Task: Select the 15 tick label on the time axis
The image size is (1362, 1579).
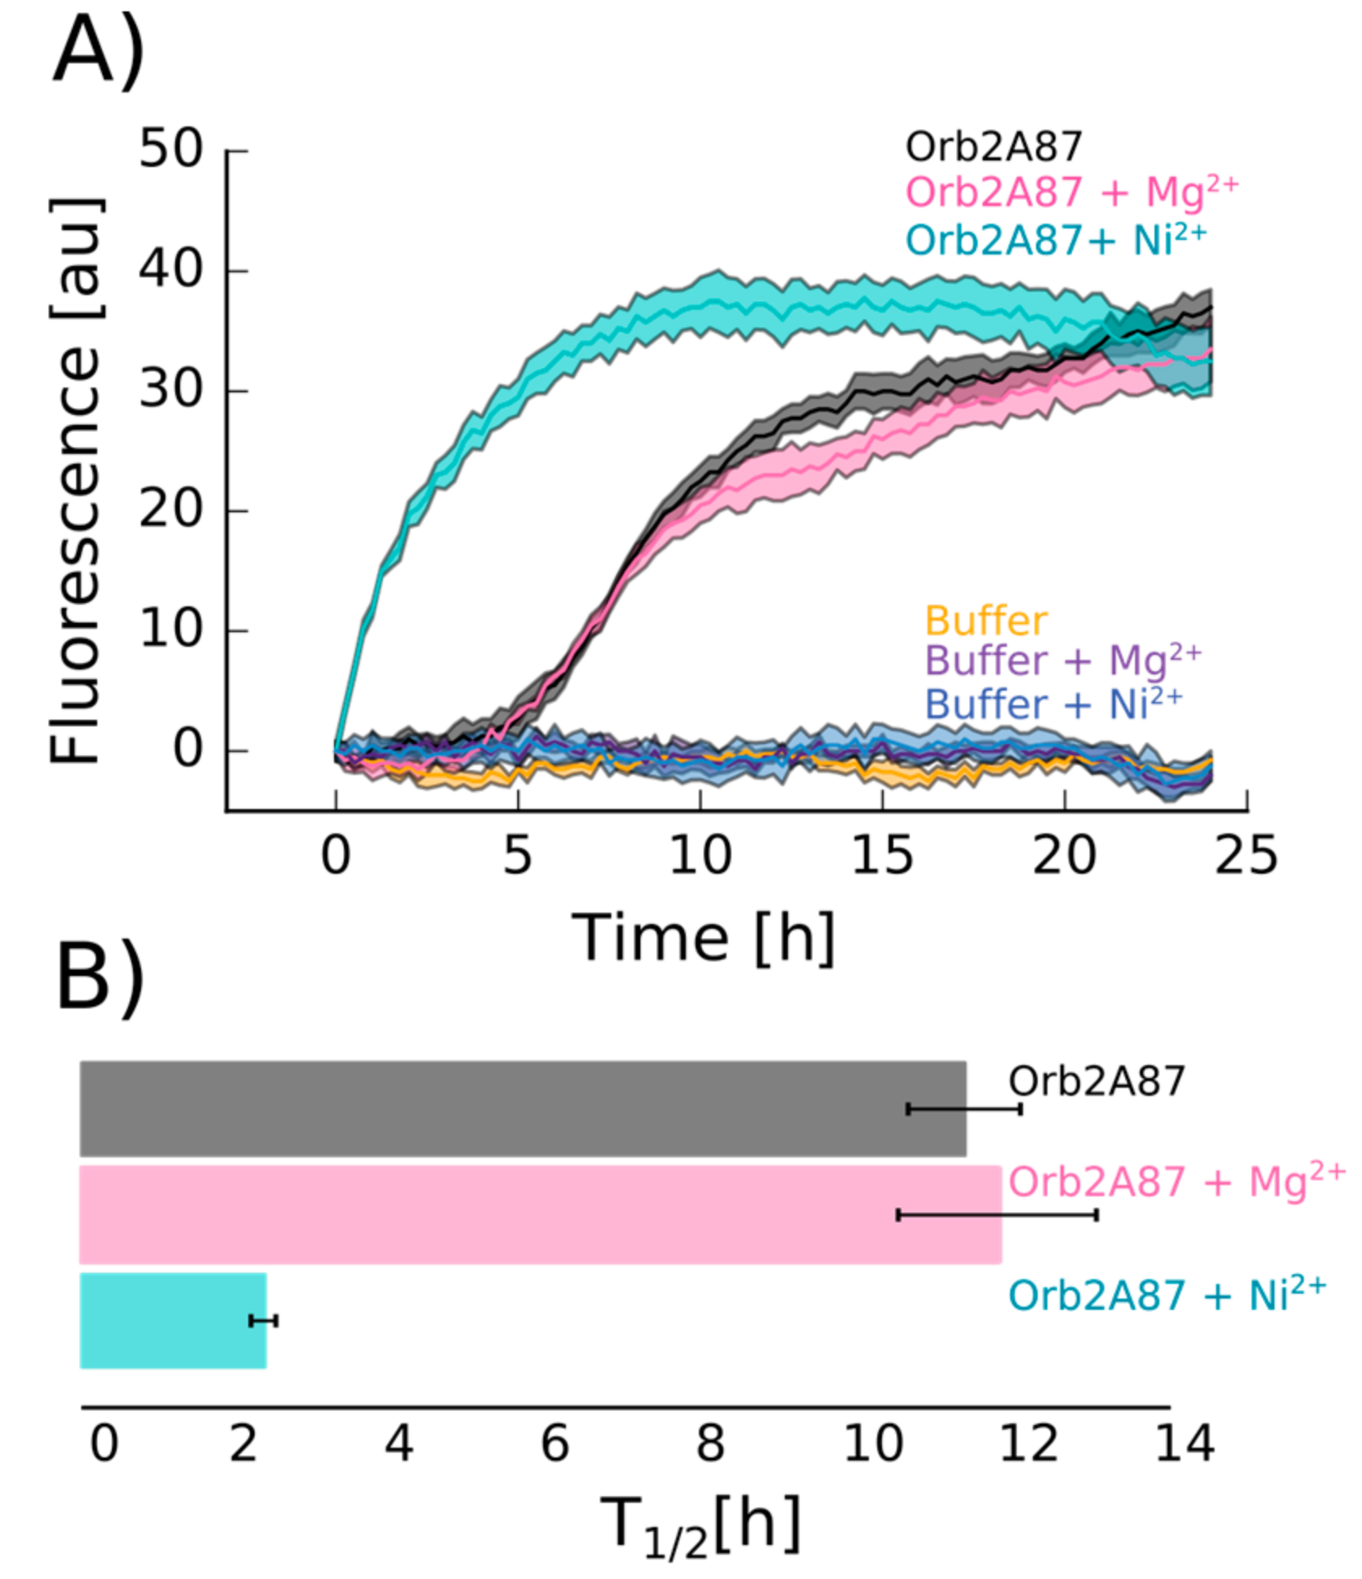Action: pos(882,856)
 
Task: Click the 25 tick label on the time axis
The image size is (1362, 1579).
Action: pos(1245,856)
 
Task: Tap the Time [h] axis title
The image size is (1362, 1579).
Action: pos(703,939)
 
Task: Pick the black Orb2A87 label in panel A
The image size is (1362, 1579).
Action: pos(993,148)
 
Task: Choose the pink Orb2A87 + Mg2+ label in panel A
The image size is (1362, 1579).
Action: pos(1072,193)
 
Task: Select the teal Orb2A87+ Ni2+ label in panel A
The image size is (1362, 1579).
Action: pos(1056,240)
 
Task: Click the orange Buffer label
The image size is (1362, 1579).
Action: pos(986,622)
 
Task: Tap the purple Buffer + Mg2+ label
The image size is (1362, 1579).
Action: pos(1062,661)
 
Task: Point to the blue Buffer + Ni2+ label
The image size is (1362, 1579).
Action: pos(1053,704)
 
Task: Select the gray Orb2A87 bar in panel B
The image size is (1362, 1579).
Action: pos(522,1109)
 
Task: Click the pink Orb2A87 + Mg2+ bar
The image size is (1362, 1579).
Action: pos(540,1214)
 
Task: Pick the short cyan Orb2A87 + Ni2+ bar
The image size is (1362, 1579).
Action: pos(173,1321)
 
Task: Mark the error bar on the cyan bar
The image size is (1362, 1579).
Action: pos(263,1321)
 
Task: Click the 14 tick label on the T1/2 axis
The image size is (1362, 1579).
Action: pos(1184,1444)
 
